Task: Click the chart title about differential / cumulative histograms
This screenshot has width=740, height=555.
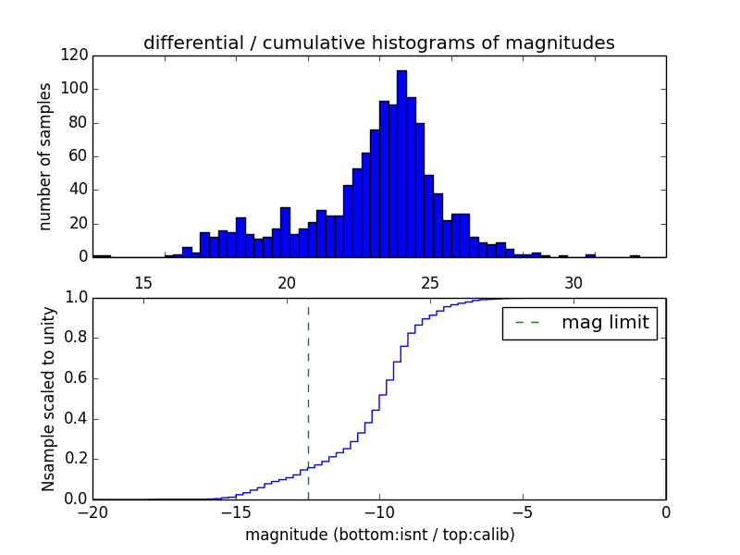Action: point(378,43)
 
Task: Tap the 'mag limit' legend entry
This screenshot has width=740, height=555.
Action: point(580,323)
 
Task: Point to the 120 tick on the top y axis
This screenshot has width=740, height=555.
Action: point(75,55)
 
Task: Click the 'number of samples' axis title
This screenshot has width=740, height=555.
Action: point(45,155)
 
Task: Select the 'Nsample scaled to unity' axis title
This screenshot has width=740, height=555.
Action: point(49,398)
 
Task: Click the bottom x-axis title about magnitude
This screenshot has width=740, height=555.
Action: point(379,535)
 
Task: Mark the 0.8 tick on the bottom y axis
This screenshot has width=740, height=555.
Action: point(75,338)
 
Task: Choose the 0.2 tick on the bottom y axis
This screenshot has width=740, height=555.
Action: point(75,459)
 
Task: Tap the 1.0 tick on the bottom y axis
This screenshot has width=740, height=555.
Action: point(75,298)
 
